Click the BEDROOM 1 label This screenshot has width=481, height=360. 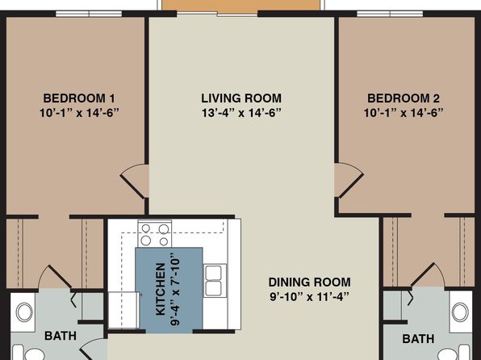tap(79, 98)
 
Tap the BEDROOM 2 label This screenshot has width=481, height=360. tap(404, 98)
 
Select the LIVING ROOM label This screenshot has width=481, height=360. tap(241, 98)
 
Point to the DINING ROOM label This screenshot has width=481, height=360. tap(310, 282)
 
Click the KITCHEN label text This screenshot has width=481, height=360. tap(161, 289)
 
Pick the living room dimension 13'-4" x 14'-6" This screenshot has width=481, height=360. tap(241, 113)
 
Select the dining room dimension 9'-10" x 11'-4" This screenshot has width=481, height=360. tap(310, 297)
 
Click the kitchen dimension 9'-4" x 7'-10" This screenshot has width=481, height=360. tap(175, 289)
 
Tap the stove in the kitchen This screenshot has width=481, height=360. tap(155, 233)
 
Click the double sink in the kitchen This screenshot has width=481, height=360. tap(214, 281)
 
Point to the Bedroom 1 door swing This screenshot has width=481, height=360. tap(135, 181)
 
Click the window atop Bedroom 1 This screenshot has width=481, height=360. tap(89, 14)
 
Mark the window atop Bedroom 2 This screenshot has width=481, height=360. tap(390, 14)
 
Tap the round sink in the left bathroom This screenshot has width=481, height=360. tap(24, 312)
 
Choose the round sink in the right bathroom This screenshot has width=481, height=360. tap(461, 312)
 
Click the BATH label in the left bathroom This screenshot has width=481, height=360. tap(61, 336)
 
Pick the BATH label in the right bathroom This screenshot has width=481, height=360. tap(418, 339)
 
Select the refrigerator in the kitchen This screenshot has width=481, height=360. tap(124, 310)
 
